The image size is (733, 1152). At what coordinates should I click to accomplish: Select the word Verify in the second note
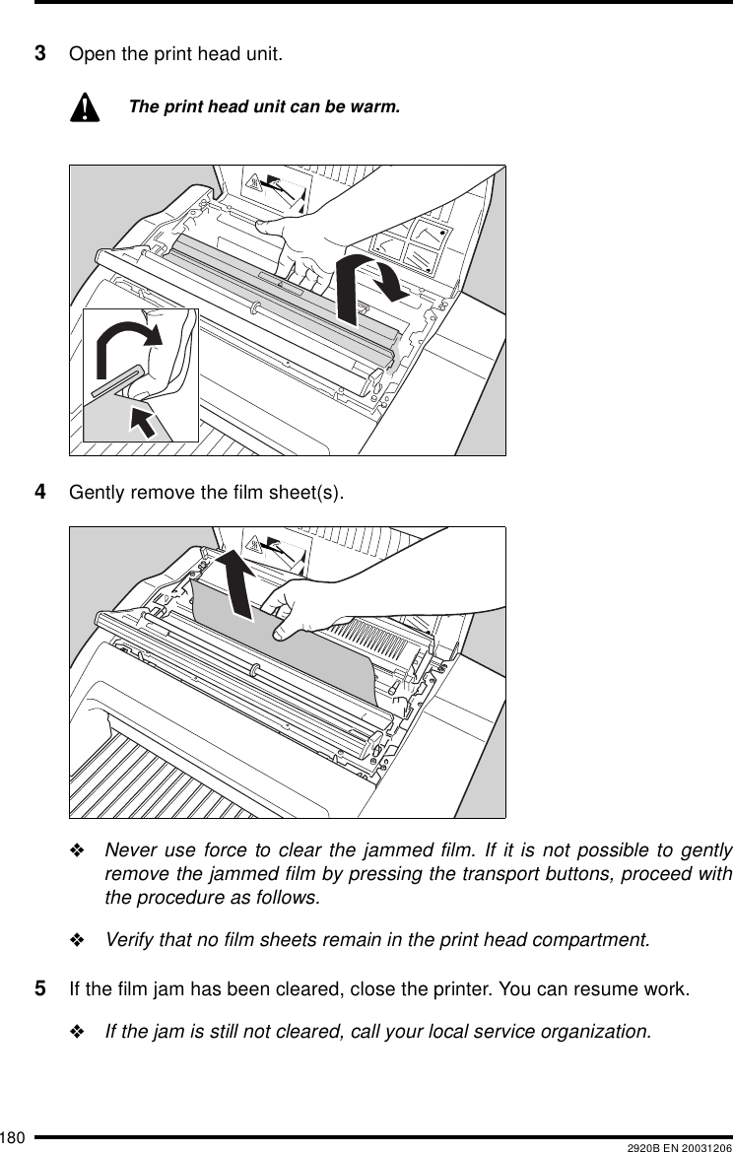click(130, 939)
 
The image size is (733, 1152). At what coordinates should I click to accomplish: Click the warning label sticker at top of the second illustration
click(276, 548)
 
